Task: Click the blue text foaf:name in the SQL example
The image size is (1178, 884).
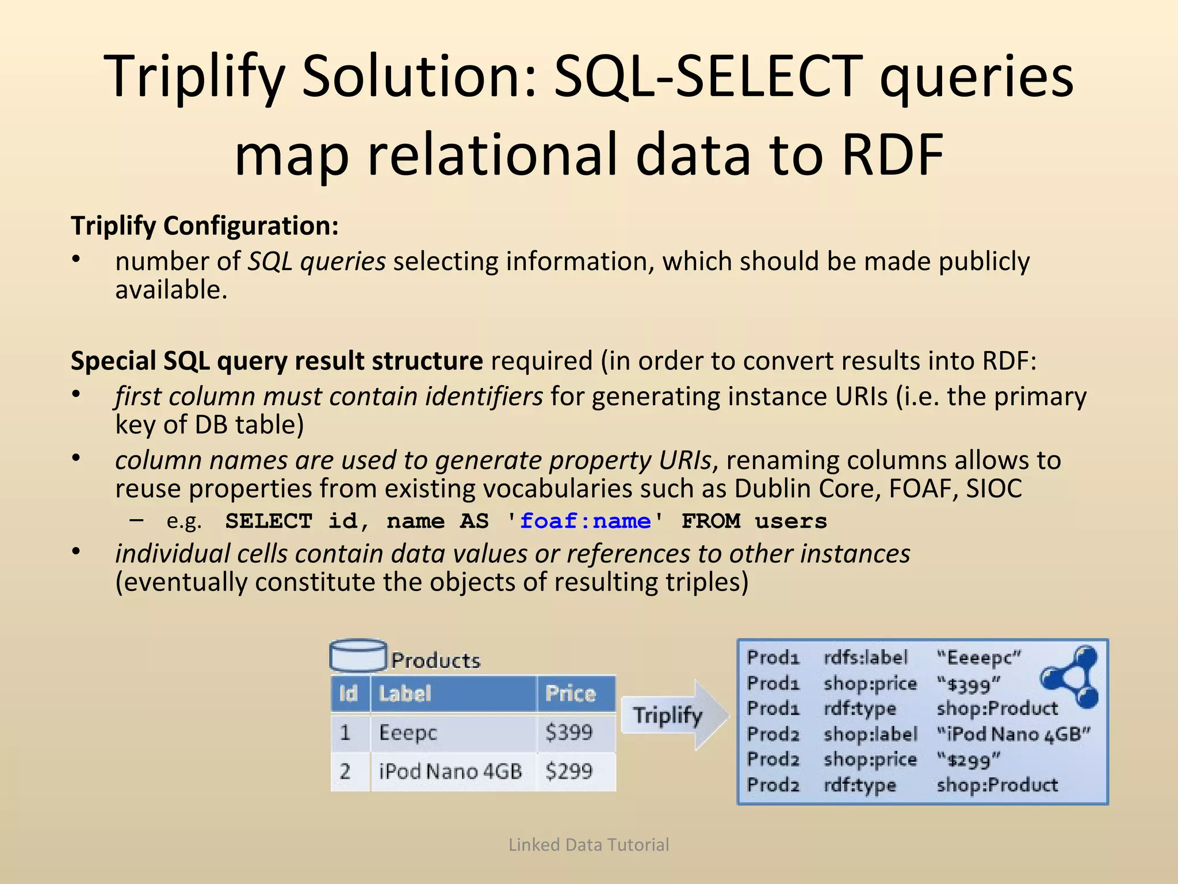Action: point(585,521)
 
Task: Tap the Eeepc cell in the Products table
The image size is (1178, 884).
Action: point(408,733)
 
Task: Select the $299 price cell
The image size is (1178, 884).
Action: point(569,771)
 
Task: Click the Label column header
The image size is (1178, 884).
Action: point(405,694)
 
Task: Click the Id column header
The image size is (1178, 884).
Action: point(349,694)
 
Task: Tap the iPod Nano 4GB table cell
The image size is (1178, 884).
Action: point(450,771)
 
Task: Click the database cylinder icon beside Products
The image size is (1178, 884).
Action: point(358,656)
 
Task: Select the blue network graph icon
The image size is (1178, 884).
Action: point(1072,677)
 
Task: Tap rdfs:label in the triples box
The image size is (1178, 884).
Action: point(866,657)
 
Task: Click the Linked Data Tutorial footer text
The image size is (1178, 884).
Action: point(588,844)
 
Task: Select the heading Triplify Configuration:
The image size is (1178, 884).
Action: point(205,225)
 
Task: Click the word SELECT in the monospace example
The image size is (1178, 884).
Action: point(269,521)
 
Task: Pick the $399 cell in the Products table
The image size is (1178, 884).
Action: point(569,733)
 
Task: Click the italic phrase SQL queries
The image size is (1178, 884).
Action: point(316,262)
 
